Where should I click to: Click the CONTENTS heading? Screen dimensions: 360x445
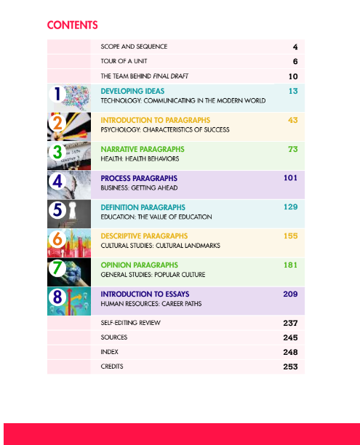[72, 25]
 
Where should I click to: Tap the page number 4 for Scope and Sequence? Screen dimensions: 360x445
[295, 47]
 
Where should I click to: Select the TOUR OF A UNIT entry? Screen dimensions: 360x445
[124, 62]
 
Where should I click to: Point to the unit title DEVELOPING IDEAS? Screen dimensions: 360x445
[132, 92]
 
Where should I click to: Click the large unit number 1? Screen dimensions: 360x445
[56, 95]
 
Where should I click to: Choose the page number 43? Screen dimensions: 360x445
[292, 120]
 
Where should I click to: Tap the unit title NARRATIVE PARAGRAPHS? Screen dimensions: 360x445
[143, 149]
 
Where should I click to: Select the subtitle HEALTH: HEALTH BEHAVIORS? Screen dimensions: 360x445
[140, 159]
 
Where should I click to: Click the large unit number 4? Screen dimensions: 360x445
[58, 182]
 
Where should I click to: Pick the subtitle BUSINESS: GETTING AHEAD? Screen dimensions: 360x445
[138, 188]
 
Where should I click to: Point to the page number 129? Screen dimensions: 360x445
[291, 207]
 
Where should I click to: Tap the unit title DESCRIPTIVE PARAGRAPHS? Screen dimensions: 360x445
[144, 236]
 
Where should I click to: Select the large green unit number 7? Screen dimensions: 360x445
[57, 268]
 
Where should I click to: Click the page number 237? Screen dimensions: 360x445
[290, 322]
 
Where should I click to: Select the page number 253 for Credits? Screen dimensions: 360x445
[290, 366]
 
